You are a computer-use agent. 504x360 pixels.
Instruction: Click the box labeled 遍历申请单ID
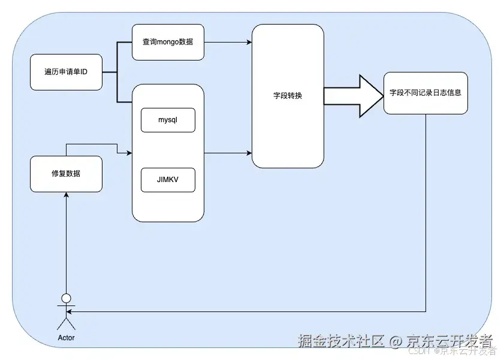tap(66, 72)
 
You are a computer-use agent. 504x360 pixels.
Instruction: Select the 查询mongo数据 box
tap(168, 42)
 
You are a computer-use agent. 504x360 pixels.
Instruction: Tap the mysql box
tap(168, 120)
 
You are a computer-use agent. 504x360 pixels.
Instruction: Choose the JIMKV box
tap(168, 180)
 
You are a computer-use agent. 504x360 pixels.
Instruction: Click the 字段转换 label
tap(288, 96)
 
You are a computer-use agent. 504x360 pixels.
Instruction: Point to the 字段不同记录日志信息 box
tap(425, 93)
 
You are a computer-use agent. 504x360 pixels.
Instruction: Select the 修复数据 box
tap(66, 174)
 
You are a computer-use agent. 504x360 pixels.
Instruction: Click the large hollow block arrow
tap(354, 96)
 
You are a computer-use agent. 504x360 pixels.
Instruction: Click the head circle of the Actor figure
tap(67, 298)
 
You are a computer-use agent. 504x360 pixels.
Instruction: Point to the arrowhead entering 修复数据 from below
tap(67, 196)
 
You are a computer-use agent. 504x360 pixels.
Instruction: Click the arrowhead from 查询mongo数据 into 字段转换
tap(249, 42)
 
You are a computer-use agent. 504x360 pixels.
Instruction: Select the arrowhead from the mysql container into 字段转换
tap(249, 153)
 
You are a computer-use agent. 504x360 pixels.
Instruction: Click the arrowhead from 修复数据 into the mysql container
tap(128, 153)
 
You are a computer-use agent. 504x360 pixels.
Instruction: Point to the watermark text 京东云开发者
tap(449, 341)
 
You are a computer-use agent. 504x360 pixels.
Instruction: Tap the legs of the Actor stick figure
tap(67, 323)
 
